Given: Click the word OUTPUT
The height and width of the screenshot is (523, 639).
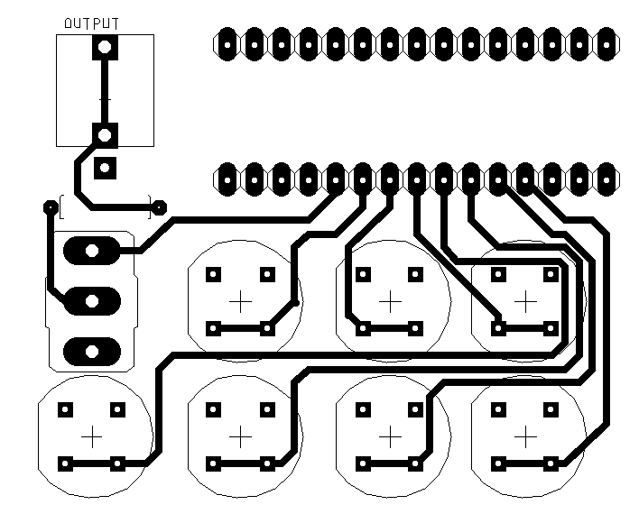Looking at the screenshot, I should tap(92, 24).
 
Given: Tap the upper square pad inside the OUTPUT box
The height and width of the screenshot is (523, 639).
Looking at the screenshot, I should tap(105, 47).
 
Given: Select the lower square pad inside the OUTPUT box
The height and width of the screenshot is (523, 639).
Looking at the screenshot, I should tap(105, 135).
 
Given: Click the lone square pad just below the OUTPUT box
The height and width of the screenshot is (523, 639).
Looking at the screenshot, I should tap(105, 167).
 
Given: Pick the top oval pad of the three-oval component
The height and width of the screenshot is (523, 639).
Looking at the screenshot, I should tap(91, 250).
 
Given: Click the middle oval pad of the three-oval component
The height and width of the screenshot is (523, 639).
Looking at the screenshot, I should tap(91, 300).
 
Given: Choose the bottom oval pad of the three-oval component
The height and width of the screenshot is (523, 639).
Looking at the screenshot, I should tap(91, 349).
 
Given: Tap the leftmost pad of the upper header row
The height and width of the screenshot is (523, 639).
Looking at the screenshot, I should tap(227, 41).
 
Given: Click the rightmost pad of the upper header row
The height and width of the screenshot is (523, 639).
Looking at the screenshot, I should tap(606, 41).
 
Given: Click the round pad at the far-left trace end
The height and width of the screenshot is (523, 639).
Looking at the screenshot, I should tap(50, 207).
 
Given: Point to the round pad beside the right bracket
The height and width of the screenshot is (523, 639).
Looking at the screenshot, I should tap(160, 207).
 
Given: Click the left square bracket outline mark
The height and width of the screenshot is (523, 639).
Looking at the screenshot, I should tap(60, 207).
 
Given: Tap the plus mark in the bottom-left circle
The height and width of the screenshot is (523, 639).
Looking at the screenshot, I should tap(91, 436).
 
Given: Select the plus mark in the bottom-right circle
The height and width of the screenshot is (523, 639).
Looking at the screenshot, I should tap(524, 436).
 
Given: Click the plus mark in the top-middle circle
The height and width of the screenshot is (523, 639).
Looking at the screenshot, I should tap(389, 301).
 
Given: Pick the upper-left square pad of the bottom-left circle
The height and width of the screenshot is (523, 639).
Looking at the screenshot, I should tap(64, 409).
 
